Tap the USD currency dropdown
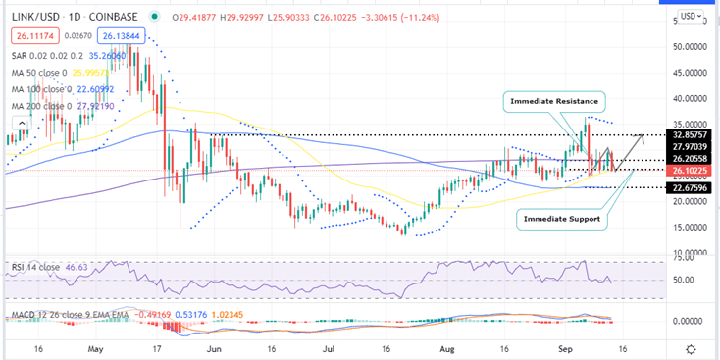tap(691, 16)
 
